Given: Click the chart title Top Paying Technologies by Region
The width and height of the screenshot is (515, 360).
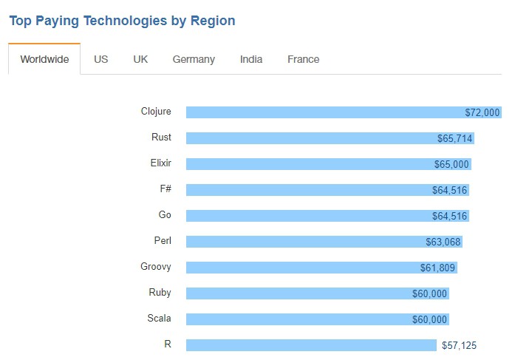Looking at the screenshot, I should pyautogui.click(x=122, y=21).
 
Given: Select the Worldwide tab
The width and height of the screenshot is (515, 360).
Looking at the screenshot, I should pyautogui.click(x=44, y=59).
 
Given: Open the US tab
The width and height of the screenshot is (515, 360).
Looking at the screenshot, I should pyautogui.click(x=101, y=59).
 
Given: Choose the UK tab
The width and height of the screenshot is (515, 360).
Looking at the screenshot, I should pyautogui.click(x=140, y=59).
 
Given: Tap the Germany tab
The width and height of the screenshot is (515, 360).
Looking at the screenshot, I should pyautogui.click(x=194, y=59).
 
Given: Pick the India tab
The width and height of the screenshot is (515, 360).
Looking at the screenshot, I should pyautogui.click(x=251, y=59).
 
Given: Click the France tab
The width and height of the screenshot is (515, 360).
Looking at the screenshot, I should pyautogui.click(x=303, y=59).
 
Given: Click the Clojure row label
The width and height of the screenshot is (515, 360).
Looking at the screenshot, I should pyautogui.click(x=156, y=112).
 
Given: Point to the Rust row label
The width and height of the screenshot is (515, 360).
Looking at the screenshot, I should pyautogui.click(x=161, y=137).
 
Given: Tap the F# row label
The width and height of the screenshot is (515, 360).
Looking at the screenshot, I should pyautogui.click(x=166, y=189).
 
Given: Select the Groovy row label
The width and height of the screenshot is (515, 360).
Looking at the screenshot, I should pyautogui.click(x=156, y=267).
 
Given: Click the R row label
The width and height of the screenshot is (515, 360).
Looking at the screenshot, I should pyautogui.click(x=168, y=344).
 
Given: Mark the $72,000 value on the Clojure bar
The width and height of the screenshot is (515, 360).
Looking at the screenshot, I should pyautogui.click(x=482, y=112).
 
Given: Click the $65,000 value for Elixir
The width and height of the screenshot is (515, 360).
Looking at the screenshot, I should pyautogui.click(x=451, y=164).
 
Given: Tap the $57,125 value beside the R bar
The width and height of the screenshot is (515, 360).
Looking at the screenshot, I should pyautogui.click(x=460, y=345).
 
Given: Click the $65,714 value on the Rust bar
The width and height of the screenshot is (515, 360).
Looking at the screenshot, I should pyautogui.click(x=455, y=138).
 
